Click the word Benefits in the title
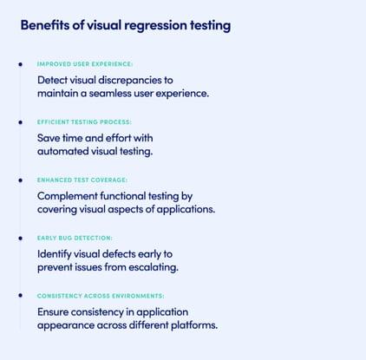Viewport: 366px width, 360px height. point(45,25)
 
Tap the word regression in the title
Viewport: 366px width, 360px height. point(156,26)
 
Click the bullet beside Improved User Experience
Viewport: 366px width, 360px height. point(20,64)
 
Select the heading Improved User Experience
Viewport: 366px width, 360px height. point(85,64)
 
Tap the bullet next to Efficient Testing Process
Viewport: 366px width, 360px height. point(20,122)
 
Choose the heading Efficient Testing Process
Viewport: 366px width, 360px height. point(84,122)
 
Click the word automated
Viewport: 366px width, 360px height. point(63,151)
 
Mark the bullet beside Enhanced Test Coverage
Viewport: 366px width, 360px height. point(20,180)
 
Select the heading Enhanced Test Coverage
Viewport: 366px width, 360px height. point(82,180)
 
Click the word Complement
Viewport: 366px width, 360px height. point(68,196)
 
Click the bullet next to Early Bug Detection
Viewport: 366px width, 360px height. point(20,239)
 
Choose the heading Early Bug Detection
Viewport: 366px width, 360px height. point(75,238)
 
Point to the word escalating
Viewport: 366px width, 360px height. point(154,267)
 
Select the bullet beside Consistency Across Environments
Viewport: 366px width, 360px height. point(20,295)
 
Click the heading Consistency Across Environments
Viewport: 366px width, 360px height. point(101,296)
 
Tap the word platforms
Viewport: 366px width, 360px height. point(194,325)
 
